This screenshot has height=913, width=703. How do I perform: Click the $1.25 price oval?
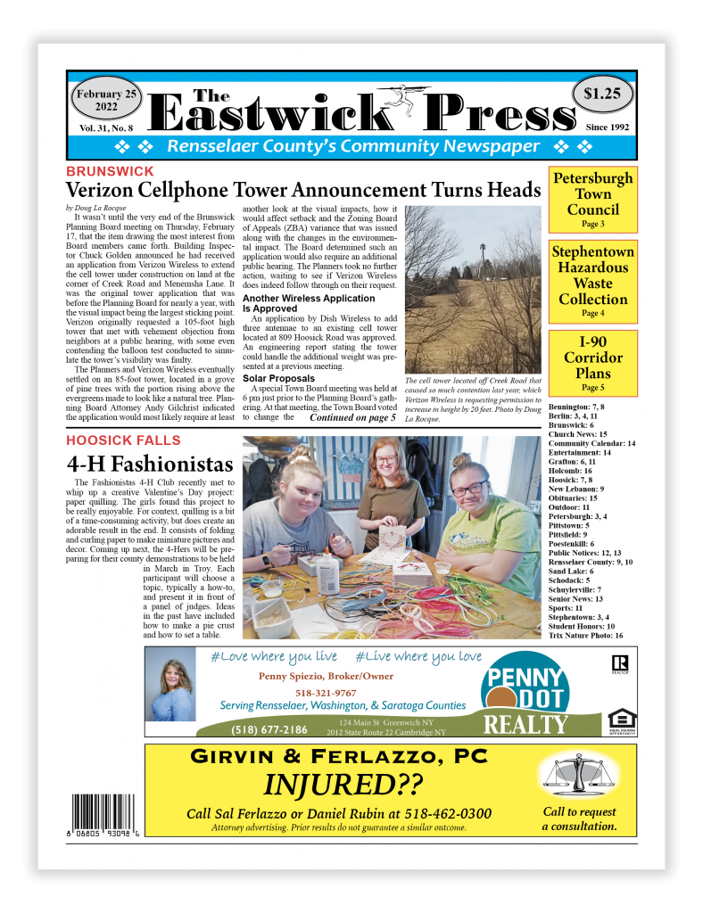(602, 94)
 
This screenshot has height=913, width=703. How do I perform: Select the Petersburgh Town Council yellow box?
(593, 200)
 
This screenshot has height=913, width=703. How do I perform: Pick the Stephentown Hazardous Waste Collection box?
(593, 280)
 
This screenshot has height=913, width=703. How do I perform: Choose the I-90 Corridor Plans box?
(593, 363)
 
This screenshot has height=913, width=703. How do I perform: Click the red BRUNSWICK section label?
(110, 171)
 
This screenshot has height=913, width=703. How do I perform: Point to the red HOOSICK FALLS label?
(123, 440)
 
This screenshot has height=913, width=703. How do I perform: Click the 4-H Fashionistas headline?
(150, 465)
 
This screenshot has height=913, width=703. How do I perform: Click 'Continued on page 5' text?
(352, 417)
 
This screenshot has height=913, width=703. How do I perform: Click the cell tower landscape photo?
(472, 290)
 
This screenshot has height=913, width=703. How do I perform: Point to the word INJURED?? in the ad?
(342, 786)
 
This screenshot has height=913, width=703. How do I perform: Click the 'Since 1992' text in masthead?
(608, 127)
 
